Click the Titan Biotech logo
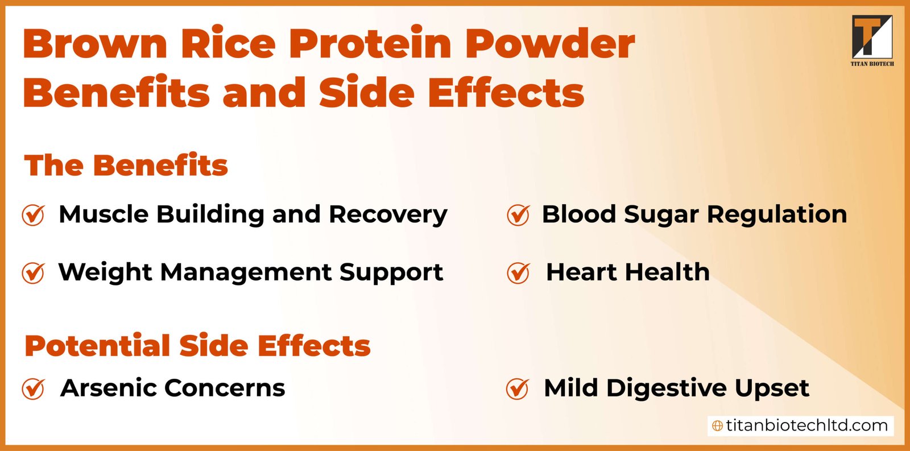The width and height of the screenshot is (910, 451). coord(872,40)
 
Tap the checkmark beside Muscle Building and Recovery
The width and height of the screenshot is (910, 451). coord(33,215)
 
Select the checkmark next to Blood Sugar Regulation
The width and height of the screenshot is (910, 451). coord(518,215)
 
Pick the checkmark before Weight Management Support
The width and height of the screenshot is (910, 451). coord(33,273)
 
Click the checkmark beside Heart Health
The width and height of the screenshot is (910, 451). coord(518,273)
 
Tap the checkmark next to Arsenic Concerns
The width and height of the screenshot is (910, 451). coord(33,389)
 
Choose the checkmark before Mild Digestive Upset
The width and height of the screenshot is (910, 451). coord(518,389)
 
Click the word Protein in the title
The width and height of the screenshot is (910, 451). coord(371,44)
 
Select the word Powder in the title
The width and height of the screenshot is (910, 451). coord(549,44)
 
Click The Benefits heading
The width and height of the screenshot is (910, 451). coord(126,165)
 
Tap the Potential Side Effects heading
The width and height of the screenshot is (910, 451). coord(197,346)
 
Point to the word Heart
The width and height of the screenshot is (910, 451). coord(581,272)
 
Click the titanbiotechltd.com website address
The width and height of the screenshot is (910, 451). coord(806,425)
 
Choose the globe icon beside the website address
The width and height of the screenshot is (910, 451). coord(718,426)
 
